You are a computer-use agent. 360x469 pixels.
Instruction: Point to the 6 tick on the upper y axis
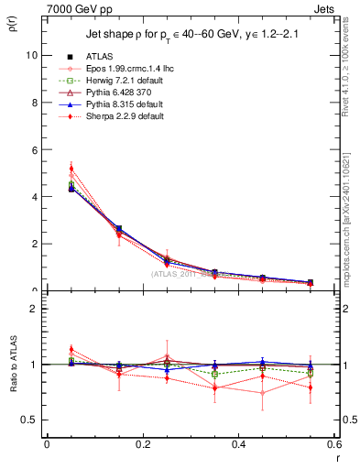pos(34,149)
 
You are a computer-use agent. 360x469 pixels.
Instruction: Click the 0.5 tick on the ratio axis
pos(29,420)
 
